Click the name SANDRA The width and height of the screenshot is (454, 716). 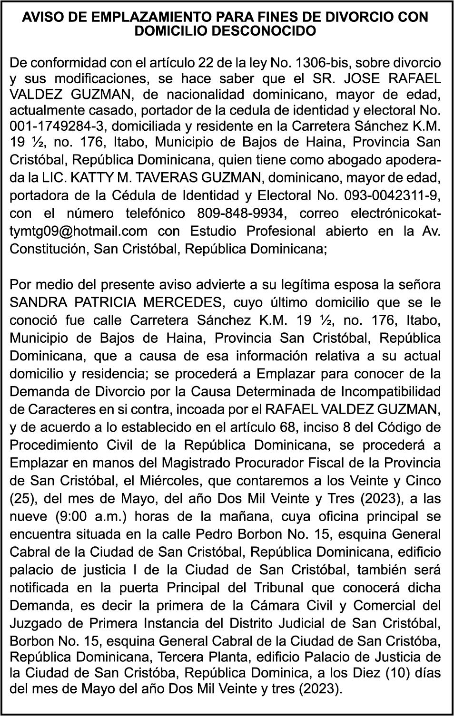(x=37, y=302)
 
